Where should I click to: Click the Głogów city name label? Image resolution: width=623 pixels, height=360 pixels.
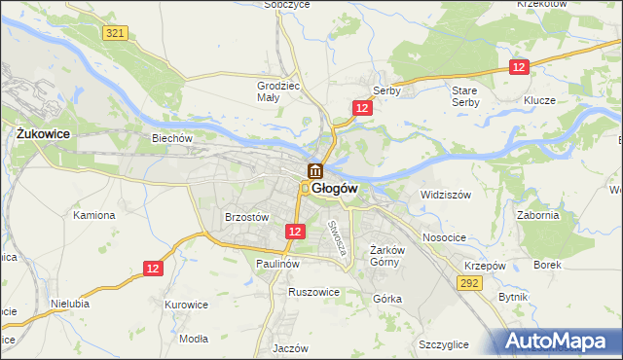coord(336,189)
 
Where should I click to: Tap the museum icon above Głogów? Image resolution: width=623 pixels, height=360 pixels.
coord(315,172)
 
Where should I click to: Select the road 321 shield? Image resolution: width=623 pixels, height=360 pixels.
coord(115,33)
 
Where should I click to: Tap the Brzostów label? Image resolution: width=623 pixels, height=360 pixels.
coord(246,218)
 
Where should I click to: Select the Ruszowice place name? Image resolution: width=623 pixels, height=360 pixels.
coord(313,291)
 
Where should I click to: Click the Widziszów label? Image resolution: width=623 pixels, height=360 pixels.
coord(446,195)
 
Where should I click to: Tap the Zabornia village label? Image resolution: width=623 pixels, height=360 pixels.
coord(538,216)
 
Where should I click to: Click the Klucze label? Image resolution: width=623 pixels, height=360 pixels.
coord(538,100)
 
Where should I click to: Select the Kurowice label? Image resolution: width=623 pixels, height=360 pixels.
coord(187,305)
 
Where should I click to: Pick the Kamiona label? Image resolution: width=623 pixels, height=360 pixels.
coord(94,215)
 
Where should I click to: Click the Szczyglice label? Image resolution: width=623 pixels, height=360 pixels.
coord(444,344)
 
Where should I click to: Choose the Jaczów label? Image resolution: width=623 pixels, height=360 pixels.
coord(291,348)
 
